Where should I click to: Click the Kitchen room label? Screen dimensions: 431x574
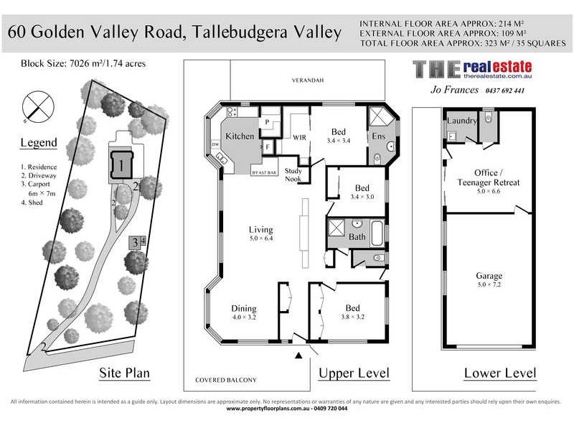click(240, 136)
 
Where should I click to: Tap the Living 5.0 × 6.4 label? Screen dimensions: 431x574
click(261, 233)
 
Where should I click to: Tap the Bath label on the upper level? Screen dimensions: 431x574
click(357, 236)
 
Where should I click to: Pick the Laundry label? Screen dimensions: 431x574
click(461, 121)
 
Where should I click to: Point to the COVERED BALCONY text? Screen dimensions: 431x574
click(225, 380)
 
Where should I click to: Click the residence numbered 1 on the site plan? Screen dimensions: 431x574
click(121, 166)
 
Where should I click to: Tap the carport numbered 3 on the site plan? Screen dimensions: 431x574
click(134, 243)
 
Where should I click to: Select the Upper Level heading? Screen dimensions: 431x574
click(354, 374)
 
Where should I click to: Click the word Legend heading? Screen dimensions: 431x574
click(38, 143)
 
